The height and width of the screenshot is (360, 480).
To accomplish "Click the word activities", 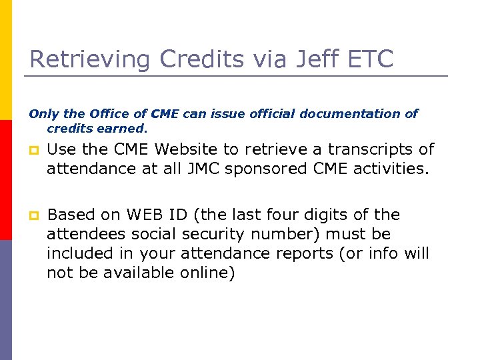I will click(389, 169).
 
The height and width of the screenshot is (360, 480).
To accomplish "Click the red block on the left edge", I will click(6, 180).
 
